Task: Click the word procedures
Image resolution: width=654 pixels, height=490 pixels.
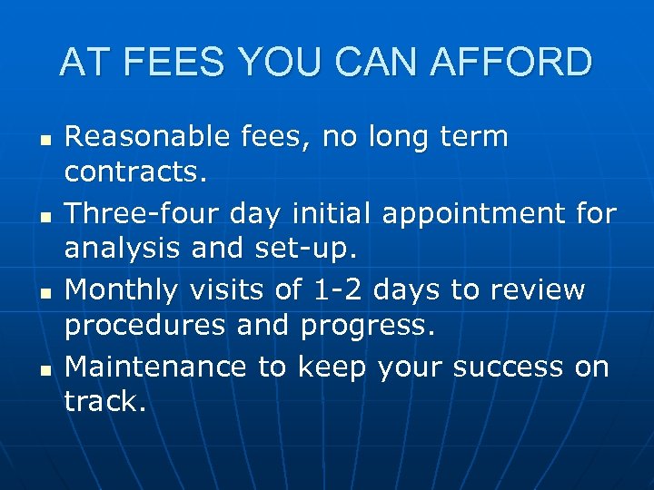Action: point(145,324)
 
